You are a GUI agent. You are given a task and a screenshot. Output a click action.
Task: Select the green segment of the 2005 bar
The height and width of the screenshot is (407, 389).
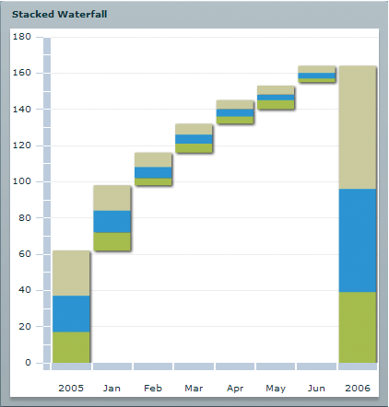71,346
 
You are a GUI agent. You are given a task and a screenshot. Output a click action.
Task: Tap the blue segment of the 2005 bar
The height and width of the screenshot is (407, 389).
71,313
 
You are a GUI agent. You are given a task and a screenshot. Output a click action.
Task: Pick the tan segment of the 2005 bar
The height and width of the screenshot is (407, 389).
71,273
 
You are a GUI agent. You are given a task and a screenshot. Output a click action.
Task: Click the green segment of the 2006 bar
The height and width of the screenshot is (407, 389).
357,327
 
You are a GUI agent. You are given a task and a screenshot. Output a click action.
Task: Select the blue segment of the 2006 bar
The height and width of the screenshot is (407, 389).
357,240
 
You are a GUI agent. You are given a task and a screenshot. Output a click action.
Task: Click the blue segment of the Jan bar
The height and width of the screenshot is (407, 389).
112,221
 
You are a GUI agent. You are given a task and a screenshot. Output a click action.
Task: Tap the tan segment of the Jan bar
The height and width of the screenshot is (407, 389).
112,198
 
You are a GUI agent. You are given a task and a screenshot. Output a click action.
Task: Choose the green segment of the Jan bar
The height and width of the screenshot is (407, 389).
112,241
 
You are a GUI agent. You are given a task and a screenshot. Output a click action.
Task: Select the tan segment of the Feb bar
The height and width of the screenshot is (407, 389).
152,159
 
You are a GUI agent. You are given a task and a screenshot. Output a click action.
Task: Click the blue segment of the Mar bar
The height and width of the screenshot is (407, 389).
194,139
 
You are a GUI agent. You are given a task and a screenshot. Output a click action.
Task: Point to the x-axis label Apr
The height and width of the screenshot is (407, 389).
235,389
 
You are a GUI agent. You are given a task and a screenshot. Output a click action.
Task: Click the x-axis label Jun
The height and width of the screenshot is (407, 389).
316,389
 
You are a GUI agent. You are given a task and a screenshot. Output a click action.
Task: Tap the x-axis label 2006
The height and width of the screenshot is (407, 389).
357,389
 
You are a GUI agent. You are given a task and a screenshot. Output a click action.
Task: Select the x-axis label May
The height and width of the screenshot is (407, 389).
276,389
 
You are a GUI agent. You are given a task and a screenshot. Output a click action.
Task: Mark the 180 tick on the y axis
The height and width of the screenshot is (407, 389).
23,37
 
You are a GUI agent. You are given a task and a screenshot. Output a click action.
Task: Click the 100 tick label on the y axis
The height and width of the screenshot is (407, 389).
23,181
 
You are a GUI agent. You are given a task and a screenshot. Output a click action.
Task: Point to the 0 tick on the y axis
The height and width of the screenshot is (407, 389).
28,363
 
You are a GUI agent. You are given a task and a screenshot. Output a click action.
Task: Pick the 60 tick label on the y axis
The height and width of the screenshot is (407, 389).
25,254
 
